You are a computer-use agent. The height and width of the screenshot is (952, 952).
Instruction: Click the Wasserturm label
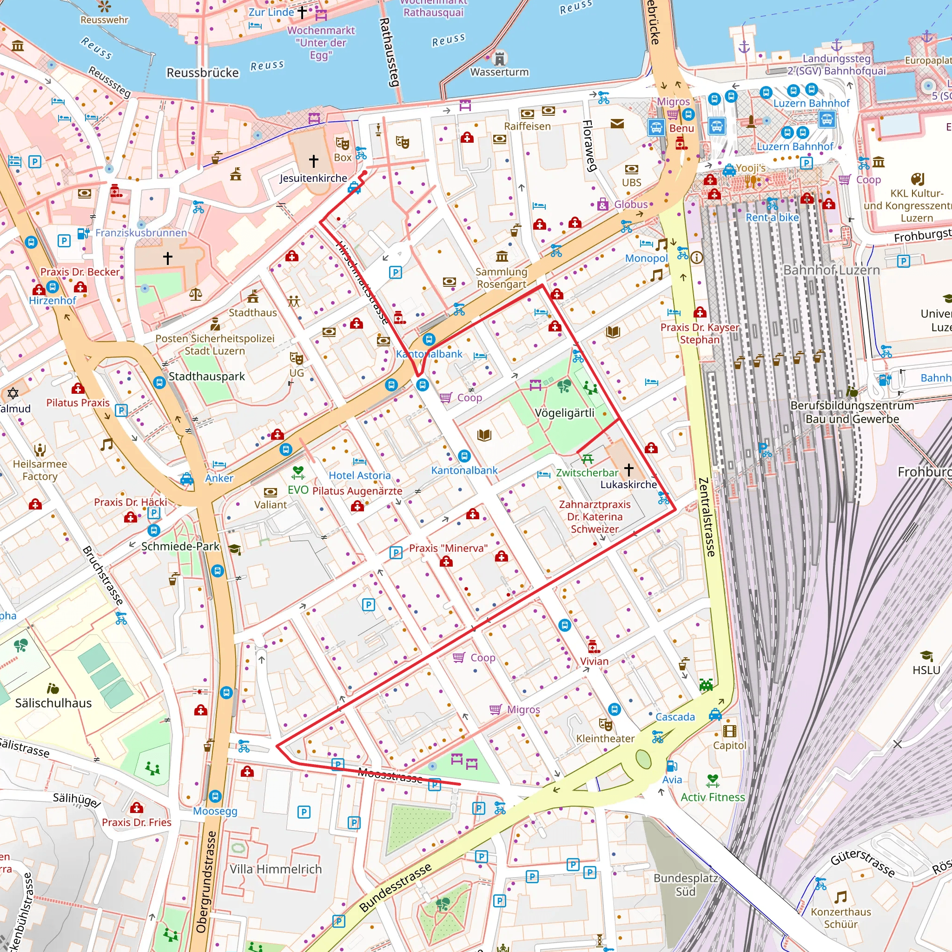499,72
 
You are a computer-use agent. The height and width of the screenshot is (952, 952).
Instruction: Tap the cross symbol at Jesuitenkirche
313,161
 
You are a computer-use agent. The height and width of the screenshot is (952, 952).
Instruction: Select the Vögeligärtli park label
564,413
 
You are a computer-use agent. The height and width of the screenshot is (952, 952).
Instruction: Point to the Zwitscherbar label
587,473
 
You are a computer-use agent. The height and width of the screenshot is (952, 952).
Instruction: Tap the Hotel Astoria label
359,476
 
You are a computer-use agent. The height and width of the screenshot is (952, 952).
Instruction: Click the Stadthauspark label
206,377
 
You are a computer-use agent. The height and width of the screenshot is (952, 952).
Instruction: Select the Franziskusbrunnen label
141,232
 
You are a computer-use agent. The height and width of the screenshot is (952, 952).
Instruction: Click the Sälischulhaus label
53,703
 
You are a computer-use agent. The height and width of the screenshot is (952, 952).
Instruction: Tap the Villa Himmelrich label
276,869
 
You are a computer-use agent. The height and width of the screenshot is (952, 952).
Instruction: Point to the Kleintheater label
605,739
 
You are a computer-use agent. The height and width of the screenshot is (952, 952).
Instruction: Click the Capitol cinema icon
729,731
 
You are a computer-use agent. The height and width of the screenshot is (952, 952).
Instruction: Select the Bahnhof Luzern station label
831,270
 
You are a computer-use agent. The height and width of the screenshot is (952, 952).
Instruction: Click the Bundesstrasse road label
395,887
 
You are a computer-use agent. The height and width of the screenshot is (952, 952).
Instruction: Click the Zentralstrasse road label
707,517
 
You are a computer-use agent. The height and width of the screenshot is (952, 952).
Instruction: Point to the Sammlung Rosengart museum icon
502,256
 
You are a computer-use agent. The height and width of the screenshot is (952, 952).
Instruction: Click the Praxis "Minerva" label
448,549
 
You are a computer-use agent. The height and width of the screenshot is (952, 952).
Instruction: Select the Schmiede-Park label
180,547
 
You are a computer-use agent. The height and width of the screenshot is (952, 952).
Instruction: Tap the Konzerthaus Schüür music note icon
840,897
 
